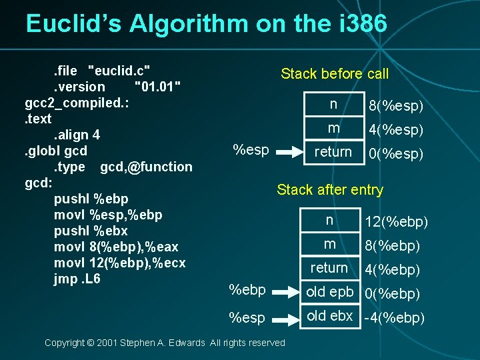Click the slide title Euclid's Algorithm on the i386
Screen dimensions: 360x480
coord(206,24)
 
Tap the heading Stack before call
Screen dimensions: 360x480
coord(334,73)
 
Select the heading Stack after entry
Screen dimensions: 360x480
coord(330,190)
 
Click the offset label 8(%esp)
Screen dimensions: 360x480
coord(397,107)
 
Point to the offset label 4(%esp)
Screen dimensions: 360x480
coord(397,130)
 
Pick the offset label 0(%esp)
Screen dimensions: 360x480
coord(397,154)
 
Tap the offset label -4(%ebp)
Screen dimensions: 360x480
coord(393,318)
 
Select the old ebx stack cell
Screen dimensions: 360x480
coord(329,316)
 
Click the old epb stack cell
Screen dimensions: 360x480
coord(329,292)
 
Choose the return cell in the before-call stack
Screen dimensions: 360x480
coord(333,152)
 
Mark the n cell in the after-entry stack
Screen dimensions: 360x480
coord(329,220)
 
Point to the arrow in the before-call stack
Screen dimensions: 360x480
coord(289,153)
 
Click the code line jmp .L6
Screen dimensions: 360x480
coord(77,279)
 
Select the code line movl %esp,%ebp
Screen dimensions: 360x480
coord(108,215)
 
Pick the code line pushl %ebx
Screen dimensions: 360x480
coord(91,231)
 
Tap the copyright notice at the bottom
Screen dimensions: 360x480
coord(165,343)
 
